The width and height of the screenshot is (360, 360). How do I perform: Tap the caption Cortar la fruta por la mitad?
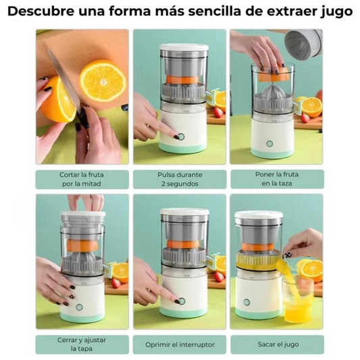[x=82, y=179]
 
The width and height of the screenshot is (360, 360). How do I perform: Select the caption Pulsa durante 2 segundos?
[x=180, y=179]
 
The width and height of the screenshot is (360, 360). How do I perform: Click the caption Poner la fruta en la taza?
[x=276, y=179]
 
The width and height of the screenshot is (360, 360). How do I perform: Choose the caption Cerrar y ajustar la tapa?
[x=82, y=344]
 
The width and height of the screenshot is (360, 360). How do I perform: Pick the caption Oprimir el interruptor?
[x=180, y=344]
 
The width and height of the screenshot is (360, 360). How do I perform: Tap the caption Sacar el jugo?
[x=276, y=344]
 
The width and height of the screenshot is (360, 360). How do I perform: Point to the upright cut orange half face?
[x=103, y=80]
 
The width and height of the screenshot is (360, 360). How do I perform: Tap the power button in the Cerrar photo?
[x=78, y=307]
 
